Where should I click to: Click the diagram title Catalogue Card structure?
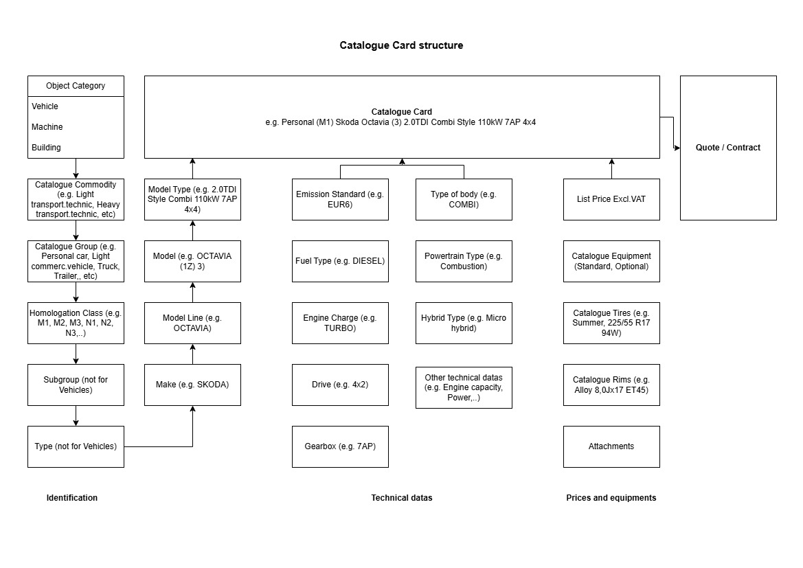click(x=401, y=45)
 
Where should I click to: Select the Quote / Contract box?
click(x=727, y=148)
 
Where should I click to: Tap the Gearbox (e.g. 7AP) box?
click(x=340, y=446)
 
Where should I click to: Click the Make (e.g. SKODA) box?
click(x=192, y=385)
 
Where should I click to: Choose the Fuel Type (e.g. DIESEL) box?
click(x=340, y=261)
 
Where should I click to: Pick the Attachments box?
click(x=611, y=446)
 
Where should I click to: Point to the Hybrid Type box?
click(x=464, y=323)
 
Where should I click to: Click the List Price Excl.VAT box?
click(x=611, y=199)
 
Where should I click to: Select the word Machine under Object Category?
click(x=47, y=127)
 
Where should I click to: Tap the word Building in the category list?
click(x=46, y=148)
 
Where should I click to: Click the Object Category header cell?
click(x=76, y=86)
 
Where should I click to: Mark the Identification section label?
click(x=71, y=498)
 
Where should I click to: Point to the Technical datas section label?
click(x=401, y=498)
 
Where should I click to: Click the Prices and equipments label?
click(x=611, y=498)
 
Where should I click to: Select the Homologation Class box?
click(x=76, y=323)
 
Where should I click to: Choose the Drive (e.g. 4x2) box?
click(x=340, y=385)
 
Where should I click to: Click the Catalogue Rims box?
click(x=611, y=385)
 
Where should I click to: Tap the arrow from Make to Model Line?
click(x=192, y=354)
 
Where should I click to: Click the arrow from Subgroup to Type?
click(x=76, y=416)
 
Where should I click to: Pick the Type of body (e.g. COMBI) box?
click(x=464, y=199)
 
